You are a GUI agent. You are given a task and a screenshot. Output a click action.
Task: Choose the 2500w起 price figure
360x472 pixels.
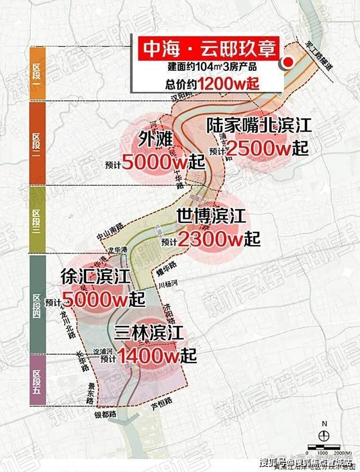[x=267, y=147]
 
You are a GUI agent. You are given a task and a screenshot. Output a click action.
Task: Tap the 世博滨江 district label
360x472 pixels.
[x=211, y=217]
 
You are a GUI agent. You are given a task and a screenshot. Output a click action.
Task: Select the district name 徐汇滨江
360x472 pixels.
[x=95, y=277]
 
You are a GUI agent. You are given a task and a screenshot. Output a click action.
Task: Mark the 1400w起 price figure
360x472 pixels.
[x=157, y=356]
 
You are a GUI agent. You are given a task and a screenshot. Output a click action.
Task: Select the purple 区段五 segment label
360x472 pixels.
[x=37, y=379]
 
